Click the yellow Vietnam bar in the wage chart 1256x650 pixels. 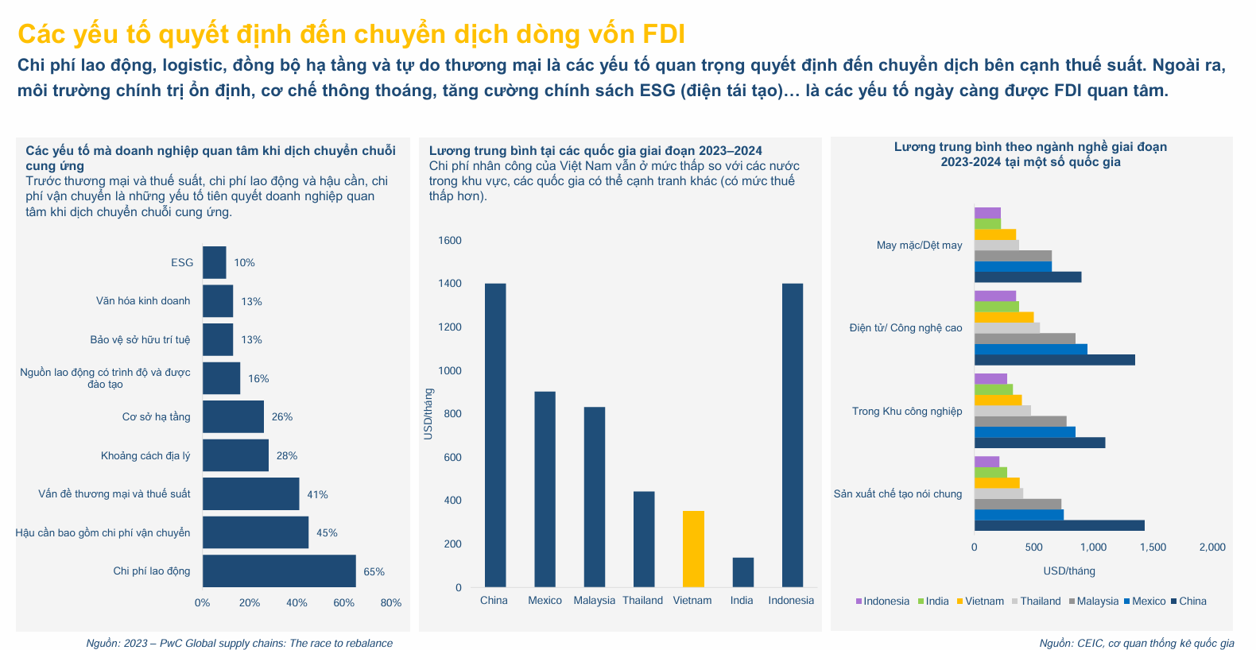[693, 549]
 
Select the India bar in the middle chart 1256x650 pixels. [742, 572]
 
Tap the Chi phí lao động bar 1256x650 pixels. [279, 571]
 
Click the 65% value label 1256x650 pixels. [374, 572]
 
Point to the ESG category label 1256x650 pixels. [182, 263]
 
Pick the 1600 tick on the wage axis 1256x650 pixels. [450, 241]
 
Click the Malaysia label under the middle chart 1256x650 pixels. [595, 601]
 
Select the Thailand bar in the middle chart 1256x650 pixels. [644, 540]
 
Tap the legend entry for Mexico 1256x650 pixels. [1145, 602]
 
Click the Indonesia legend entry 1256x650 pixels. [882, 602]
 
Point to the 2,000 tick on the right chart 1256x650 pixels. [1212, 547]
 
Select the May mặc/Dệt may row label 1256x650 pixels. [919, 246]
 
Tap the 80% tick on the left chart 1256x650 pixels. [391, 603]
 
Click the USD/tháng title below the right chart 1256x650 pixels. [1069, 571]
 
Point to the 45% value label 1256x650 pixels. [327, 533]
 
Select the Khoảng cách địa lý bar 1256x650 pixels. [235, 455]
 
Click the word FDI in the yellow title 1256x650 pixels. [663, 34]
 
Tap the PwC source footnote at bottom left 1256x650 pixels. [239, 644]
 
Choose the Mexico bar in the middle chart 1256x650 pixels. [545, 489]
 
